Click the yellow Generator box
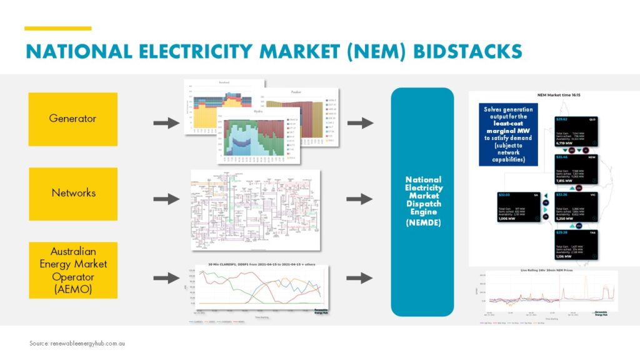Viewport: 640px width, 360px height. point(73,119)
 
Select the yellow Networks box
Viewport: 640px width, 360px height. point(73,193)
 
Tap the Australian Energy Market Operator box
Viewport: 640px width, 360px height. point(73,270)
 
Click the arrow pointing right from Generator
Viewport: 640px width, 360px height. point(166,123)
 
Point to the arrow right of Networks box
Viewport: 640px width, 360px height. point(166,199)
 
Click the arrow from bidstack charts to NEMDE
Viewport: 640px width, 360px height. point(359,123)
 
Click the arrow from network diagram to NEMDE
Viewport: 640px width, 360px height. point(359,199)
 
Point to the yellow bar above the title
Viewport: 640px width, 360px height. point(58,28)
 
